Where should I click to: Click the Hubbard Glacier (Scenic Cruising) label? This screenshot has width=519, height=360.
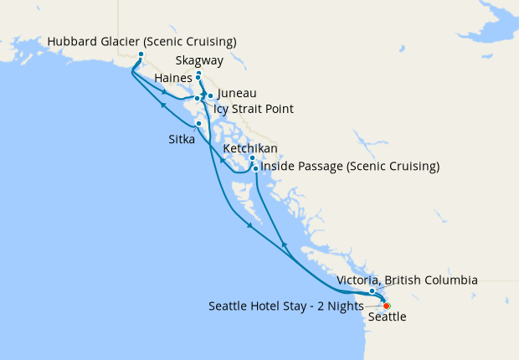[x=141, y=42]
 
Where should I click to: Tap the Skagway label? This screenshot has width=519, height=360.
[x=200, y=61]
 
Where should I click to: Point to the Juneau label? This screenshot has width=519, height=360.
[x=236, y=94]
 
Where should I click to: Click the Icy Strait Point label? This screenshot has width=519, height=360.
[x=254, y=109]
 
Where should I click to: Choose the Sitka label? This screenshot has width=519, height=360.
[x=182, y=140]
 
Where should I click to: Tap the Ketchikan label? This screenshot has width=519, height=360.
[x=252, y=148]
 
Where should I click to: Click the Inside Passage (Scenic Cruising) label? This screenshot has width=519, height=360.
[x=350, y=167]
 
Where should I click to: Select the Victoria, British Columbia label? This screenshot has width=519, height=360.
[x=407, y=280]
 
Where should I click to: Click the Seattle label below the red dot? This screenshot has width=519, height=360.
[x=387, y=317]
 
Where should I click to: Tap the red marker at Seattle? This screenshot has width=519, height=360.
[x=387, y=306]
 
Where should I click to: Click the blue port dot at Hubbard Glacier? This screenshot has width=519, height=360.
[x=141, y=54]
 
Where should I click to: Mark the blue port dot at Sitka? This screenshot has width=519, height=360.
[x=198, y=124]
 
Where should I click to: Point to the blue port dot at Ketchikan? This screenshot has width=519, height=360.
[x=252, y=157]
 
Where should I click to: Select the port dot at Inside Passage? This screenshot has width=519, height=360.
[x=255, y=168]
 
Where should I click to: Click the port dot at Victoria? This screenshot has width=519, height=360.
[x=373, y=291]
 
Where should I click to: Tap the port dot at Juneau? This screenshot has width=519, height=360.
[x=210, y=95]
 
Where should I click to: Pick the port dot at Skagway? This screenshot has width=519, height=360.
[x=198, y=74]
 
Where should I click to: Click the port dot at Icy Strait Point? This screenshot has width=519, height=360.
[x=197, y=99]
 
